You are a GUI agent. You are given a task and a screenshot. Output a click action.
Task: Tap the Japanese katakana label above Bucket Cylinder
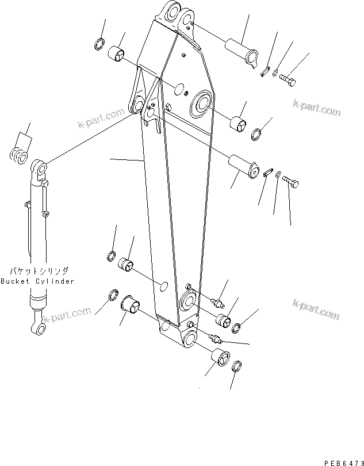click(x=38, y=270)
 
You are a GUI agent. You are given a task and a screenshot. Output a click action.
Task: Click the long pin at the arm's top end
click(x=242, y=50)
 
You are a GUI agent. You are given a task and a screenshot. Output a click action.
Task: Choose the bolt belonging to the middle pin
click(x=290, y=184)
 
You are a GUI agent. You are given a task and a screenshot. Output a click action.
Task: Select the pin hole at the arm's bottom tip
click(x=189, y=338)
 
